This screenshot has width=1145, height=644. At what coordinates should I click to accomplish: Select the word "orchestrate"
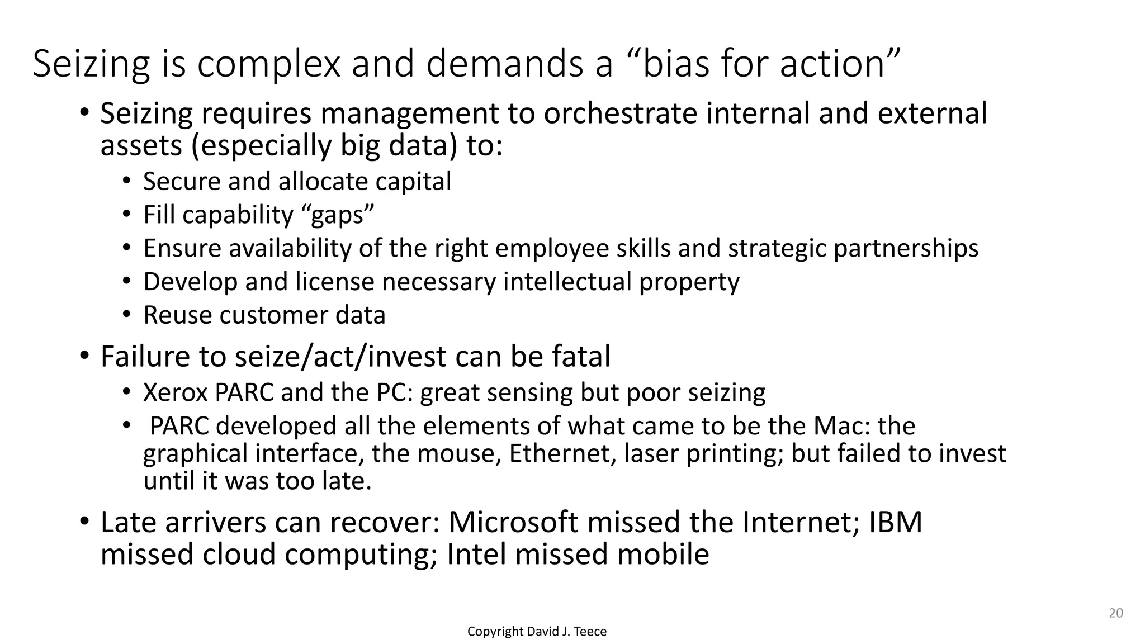(621, 113)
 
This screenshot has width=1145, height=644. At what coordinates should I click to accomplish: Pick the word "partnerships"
(906, 249)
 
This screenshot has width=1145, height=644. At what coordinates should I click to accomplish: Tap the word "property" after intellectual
(689, 282)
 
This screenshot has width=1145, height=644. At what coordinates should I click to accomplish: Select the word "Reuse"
(177, 315)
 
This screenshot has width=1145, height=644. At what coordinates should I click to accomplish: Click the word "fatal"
(581, 357)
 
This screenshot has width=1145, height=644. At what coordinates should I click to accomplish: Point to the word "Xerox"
(176, 392)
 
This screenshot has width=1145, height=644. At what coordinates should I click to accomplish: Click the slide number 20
(1115, 613)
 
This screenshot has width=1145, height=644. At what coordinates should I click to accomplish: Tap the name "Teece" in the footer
(590, 632)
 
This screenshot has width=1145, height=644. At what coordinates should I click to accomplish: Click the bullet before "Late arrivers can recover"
(84, 522)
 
